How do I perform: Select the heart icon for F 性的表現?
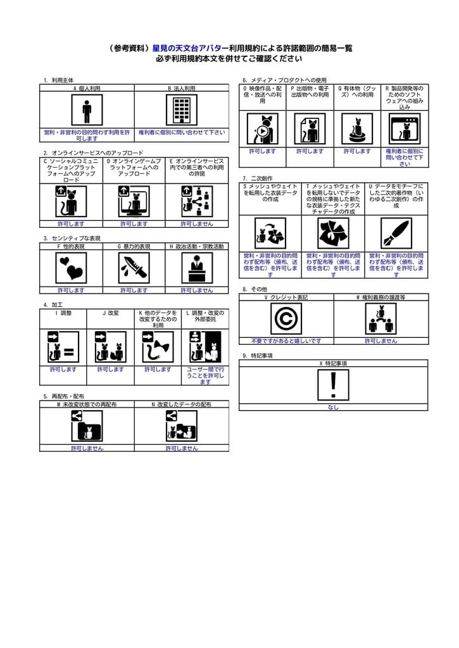[x=70, y=268]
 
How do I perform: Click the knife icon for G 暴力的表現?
[x=134, y=268]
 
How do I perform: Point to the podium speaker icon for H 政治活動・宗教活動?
[x=197, y=268]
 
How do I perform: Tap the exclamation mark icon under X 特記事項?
[x=333, y=385]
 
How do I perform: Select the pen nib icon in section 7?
[x=396, y=233]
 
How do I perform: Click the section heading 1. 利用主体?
[x=58, y=80]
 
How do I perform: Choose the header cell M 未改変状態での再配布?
[x=87, y=404]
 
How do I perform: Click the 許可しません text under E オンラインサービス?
[x=197, y=223]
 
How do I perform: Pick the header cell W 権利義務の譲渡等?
[x=380, y=297]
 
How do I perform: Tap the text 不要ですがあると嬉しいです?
[x=286, y=340]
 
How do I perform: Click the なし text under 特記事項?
[x=333, y=407]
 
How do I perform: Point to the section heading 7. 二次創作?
[x=258, y=178]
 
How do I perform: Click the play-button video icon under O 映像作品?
[x=262, y=128]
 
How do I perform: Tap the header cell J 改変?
[x=110, y=313]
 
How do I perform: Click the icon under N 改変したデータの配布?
[x=181, y=426]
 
